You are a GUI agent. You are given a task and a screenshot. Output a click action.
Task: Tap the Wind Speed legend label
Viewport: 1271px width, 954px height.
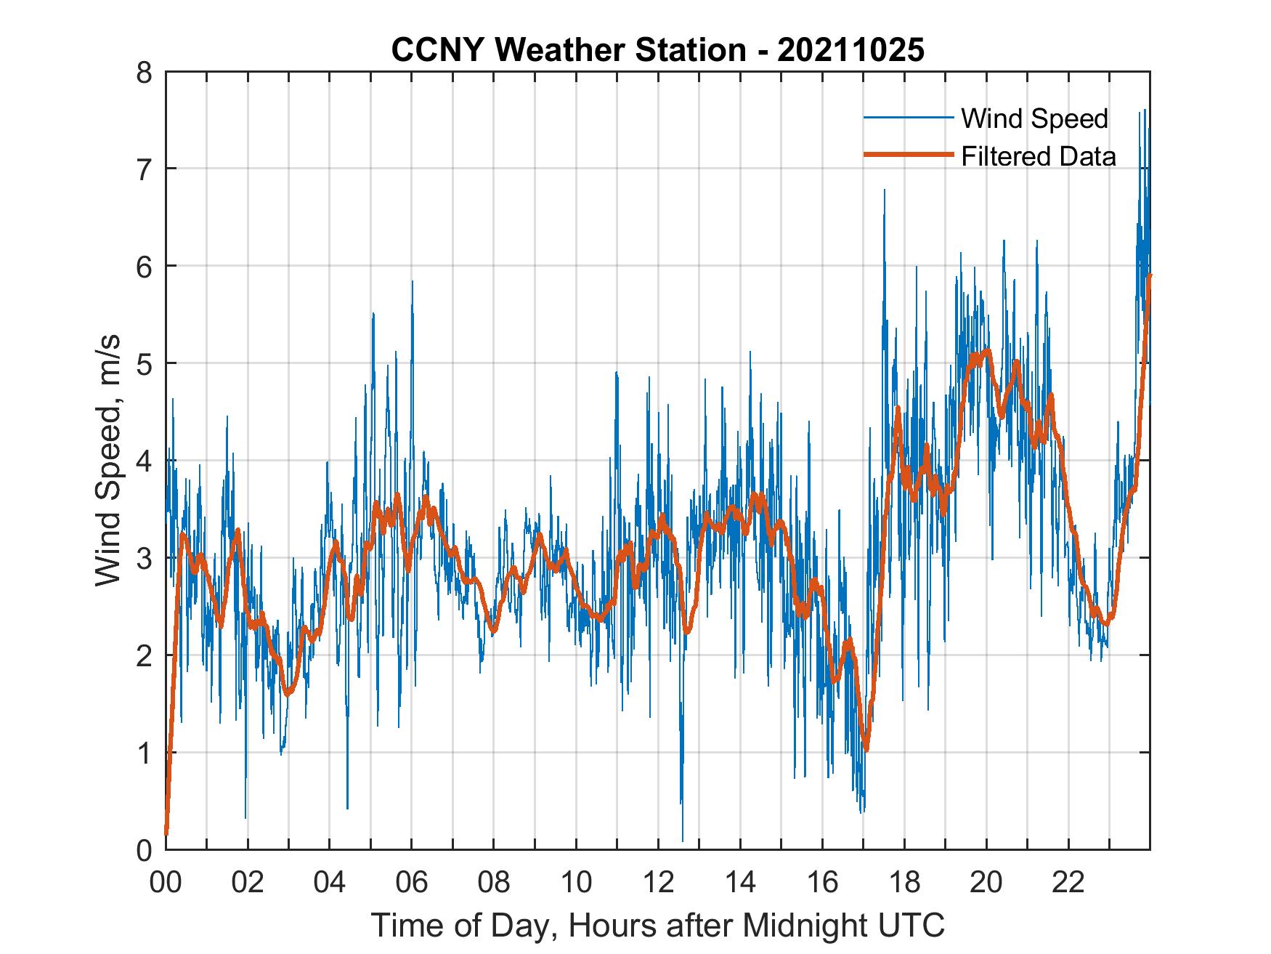[1034, 118]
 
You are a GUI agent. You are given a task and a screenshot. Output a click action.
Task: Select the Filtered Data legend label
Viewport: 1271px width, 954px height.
[1039, 156]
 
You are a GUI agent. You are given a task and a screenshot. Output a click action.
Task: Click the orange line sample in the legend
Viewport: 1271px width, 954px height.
[908, 155]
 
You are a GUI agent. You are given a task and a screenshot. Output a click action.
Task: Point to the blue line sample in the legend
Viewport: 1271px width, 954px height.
[908, 118]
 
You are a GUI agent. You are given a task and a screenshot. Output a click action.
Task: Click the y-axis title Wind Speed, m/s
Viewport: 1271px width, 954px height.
[109, 461]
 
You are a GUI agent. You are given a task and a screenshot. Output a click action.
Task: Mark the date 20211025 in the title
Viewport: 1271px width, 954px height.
[851, 50]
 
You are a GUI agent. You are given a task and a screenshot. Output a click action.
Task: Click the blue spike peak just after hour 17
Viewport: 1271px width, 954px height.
[884, 190]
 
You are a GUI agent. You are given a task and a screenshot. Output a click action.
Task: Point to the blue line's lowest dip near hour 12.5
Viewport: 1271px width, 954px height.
[683, 840]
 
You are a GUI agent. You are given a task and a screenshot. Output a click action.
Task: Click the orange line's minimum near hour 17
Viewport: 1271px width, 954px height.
[866, 750]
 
